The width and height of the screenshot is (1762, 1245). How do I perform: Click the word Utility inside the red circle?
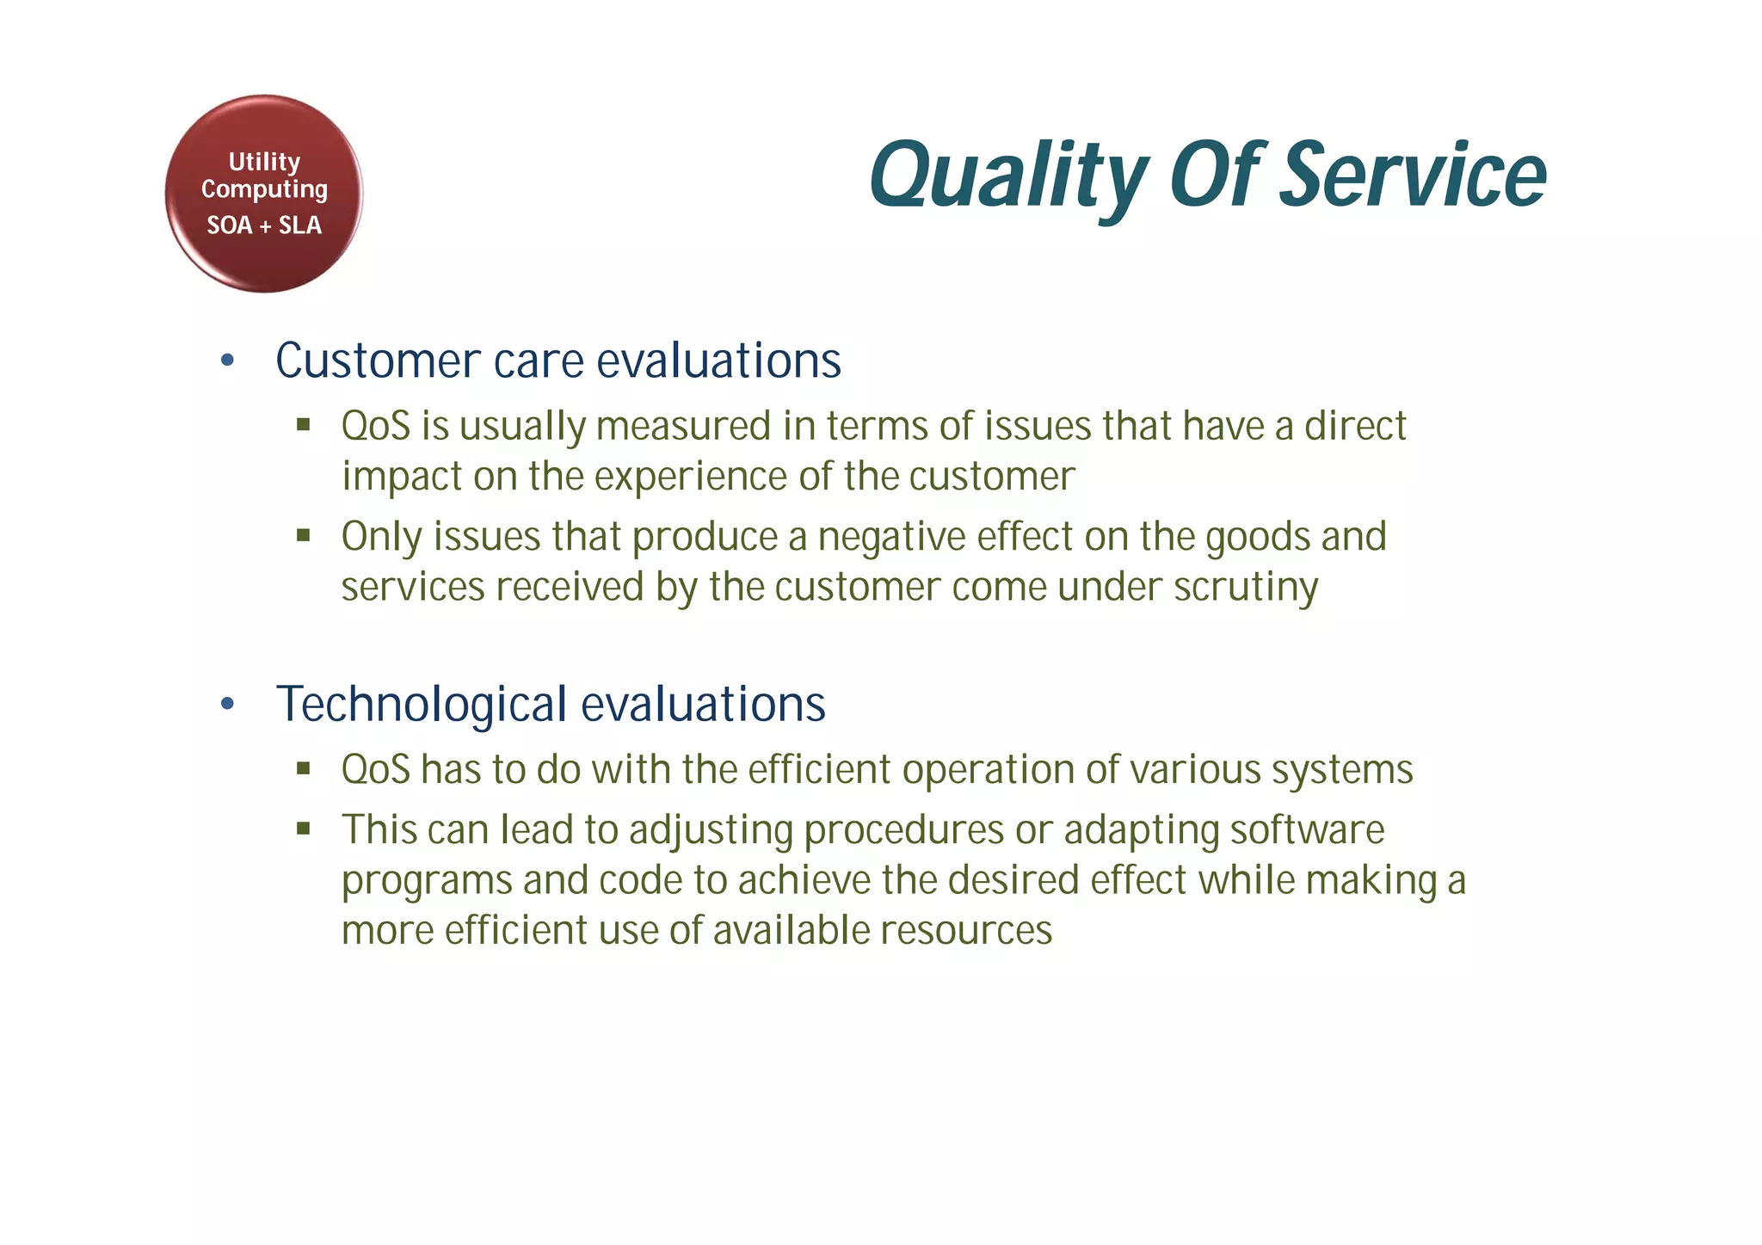point(264,162)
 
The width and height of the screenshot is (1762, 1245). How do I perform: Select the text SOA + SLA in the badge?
point(264,225)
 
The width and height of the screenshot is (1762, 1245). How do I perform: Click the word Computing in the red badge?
point(264,189)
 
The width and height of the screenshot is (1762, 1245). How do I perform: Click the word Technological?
point(421,705)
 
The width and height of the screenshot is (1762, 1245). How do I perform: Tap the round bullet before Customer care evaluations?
point(227,361)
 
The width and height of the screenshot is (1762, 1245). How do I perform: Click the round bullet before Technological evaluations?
point(227,705)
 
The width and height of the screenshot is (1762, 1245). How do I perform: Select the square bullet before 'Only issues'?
point(303,535)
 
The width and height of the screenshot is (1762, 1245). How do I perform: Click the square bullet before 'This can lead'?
point(303,829)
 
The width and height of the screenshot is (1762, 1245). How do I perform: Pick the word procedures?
point(903,830)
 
